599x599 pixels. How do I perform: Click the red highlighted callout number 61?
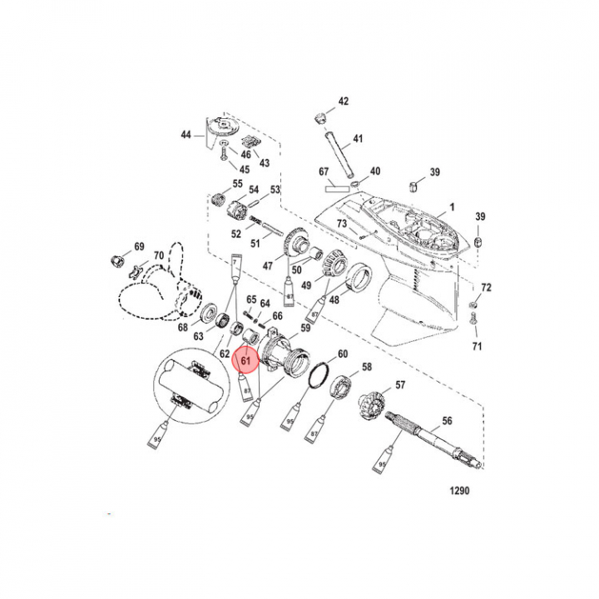pos(245,362)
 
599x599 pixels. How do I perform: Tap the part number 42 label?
pos(344,101)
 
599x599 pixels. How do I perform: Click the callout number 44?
pos(186,134)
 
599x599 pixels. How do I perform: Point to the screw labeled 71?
pos(474,316)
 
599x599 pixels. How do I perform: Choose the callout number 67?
pos(324,172)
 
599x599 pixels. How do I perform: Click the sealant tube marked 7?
pos(235,268)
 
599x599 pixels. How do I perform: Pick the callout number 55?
pos(237,184)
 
